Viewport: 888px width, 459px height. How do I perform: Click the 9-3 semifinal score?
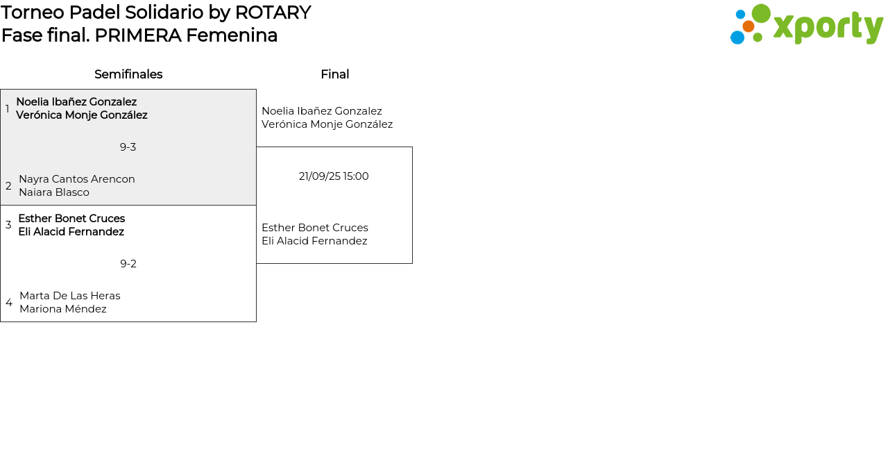(128, 147)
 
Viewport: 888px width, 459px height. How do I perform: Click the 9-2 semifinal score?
(128, 264)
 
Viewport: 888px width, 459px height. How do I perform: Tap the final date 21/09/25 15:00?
(334, 176)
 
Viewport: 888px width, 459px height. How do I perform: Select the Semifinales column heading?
(128, 74)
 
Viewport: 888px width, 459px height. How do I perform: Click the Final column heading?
(334, 74)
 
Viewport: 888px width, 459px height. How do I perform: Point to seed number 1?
(8, 109)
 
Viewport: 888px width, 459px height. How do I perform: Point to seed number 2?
(8, 186)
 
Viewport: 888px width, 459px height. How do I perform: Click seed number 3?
(8, 225)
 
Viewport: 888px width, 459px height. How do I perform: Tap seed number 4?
(9, 303)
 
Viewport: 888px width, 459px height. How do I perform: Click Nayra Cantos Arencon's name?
(77, 179)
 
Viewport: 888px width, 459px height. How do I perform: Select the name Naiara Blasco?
(54, 192)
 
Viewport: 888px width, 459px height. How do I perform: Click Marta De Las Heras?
(70, 296)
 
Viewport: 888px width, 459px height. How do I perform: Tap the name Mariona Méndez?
(63, 309)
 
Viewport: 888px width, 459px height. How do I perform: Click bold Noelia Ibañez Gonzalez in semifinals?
(76, 102)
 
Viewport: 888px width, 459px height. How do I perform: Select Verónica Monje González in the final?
(327, 124)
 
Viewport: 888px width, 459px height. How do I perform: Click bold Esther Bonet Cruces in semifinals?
(71, 219)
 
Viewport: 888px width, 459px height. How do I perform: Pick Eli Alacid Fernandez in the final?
(314, 241)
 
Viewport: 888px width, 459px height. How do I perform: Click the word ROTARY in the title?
(273, 12)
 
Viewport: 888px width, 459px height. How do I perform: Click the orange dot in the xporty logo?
(749, 26)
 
